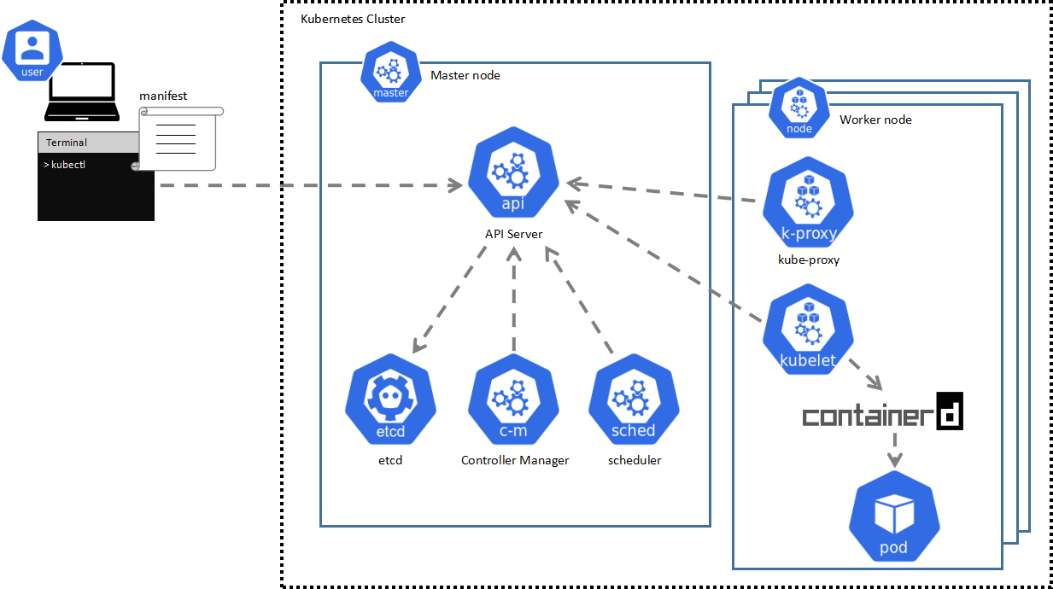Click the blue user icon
[x=32, y=52]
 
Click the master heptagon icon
[x=391, y=75]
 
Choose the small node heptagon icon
[x=799, y=109]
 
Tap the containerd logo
[x=882, y=413]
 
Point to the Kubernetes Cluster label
[x=353, y=19]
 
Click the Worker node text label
[x=875, y=120]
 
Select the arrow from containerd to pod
[x=894, y=449]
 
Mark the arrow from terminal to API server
[x=307, y=184]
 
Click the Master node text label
[x=465, y=75]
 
